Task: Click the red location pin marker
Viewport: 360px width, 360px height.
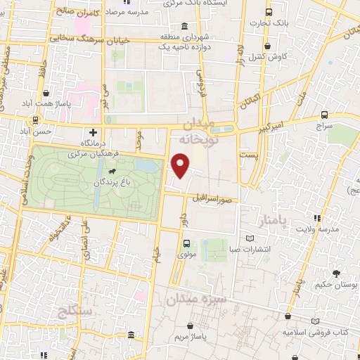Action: pyautogui.click(x=181, y=166)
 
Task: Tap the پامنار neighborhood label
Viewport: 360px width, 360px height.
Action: pyautogui.click(x=269, y=223)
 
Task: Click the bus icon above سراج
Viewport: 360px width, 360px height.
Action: pyautogui.click(x=324, y=115)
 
